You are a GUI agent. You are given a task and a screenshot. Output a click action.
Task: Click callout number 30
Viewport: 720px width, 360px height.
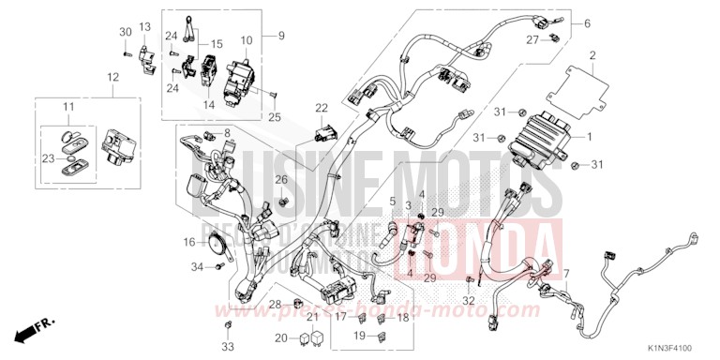point(126,33)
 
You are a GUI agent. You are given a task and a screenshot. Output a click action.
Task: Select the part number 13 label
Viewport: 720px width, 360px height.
point(144,26)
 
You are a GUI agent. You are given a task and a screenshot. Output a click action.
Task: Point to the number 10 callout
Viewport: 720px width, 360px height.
point(247,41)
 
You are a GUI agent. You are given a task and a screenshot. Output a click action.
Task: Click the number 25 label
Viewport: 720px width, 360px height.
point(275,117)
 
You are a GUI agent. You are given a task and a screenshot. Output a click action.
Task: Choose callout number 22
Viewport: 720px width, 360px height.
point(322,108)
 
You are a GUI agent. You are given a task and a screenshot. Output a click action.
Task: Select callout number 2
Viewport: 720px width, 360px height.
point(592,58)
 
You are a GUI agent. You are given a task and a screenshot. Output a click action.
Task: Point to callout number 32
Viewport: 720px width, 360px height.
point(470,300)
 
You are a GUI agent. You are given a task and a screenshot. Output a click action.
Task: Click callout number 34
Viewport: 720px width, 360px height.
point(197,267)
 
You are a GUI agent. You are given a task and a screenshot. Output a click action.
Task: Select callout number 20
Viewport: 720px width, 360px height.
point(281,337)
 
